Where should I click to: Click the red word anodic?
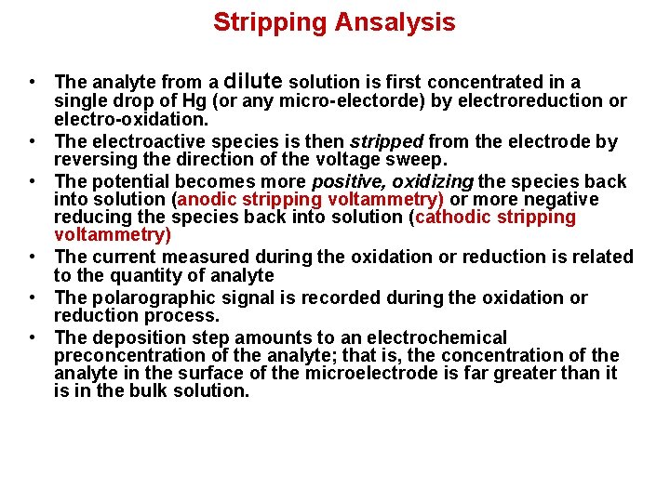click(208, 200)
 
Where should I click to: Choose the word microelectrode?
click(375, 373)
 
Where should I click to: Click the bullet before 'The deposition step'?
click(33, 337)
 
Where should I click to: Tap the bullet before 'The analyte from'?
click(33, 83)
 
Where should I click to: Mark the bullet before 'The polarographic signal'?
click(33, 297)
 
